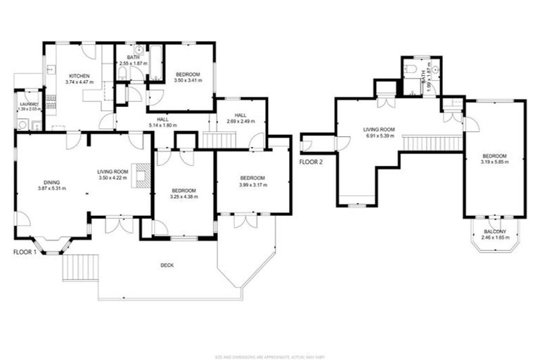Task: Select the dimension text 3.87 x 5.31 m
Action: pyautogui.click(x=49, y=188)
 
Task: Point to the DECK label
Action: pyautogui.click(x=167, y=265)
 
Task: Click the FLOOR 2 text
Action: pyautogui.click(x=311, y=162)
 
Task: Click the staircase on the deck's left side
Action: pyautogui.click(x=74, y=267)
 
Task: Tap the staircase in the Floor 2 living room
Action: pyautogui.click(x=432, y=142)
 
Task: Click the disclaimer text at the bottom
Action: pyautogui.click(x=269, y=355)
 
